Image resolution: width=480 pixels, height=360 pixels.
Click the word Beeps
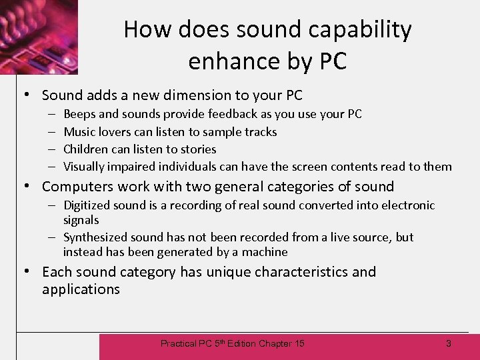pos(79,114)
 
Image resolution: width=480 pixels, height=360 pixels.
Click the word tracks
pos(261,131)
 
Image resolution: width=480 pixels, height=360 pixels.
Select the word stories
pos(197,149)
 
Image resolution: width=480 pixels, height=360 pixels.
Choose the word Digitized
pos(87,205)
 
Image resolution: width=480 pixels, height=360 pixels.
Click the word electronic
pos(407,205)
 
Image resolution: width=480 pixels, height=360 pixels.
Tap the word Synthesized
pos(95,237)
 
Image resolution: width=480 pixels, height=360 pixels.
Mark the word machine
pos(266,251)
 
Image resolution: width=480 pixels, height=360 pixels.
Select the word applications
pos(81,289)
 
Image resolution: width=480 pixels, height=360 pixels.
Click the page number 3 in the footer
pos(449,343)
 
